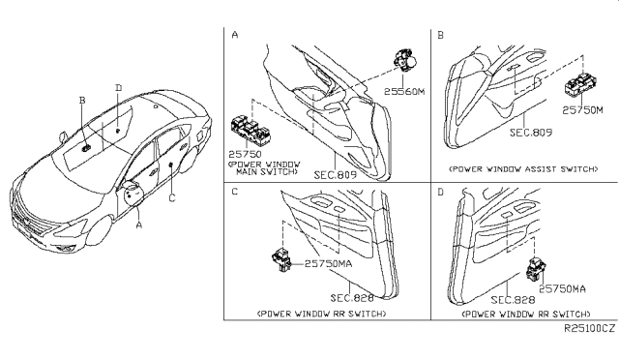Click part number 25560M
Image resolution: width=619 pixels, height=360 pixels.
pos(404,92)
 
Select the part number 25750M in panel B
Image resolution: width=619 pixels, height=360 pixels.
pos(582,110)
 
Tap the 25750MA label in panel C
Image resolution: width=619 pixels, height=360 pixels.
pos(328,263)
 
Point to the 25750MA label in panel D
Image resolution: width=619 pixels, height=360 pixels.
pos(563,289)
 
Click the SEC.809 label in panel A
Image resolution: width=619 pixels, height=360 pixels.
pos(336,174)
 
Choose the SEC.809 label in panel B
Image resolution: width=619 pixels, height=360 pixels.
pos(531,133)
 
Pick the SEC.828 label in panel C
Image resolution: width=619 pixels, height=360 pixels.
pos(352,297)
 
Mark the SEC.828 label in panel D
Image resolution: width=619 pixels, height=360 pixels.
pos(513,300)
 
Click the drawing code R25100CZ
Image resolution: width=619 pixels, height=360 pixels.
pos(589,328)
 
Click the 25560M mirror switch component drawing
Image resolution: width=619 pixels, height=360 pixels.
pos(404,60)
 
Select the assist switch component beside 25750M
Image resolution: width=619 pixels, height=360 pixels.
pos(581,84)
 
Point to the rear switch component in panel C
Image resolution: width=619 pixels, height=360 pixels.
pos(281,259)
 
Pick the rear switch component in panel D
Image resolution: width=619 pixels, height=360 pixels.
pos(536,269)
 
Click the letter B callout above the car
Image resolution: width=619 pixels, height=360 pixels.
pos(82,101)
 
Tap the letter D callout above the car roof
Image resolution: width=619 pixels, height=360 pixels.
pos(118,88)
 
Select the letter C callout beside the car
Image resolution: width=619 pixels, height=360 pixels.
pos(172,197)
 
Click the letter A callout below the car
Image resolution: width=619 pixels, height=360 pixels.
pos(138,225)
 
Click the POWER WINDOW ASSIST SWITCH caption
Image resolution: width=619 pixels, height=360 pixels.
pos(523,169)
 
